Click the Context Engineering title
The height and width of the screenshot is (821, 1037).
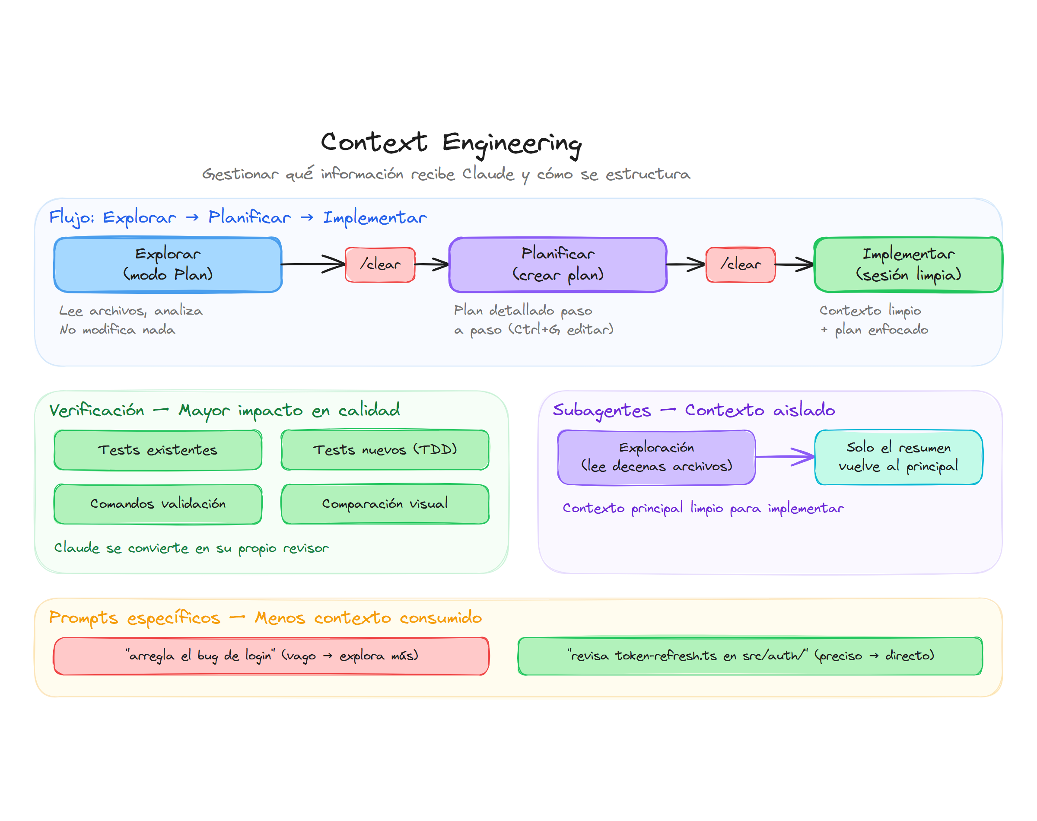[451, 143]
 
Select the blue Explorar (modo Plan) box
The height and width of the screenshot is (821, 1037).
[168, 264]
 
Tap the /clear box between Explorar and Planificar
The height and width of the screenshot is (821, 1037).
[380, 264]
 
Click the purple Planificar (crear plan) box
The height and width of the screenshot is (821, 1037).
[557, 264]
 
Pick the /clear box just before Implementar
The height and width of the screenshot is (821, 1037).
[740, 264]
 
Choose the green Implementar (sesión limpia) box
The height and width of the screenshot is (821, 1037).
[907, 264]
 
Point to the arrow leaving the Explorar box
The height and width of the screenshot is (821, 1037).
[312, 264]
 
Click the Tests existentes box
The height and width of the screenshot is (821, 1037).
[158, 450]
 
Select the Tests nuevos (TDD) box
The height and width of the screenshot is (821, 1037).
[385, 450]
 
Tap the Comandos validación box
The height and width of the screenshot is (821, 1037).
[158, 504]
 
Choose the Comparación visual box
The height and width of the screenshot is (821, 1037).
[385, 504]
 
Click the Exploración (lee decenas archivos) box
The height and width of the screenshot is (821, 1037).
[656, 457]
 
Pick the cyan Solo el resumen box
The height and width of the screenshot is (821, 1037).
[898, 457]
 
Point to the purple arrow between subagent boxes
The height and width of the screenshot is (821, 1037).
[785, 457]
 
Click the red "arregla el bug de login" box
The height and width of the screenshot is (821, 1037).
[271, 656]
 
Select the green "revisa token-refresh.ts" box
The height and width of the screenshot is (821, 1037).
[750, 656]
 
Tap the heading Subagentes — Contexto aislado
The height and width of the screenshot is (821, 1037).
[693, 410]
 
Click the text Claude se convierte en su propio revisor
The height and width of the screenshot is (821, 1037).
[191, 548]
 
